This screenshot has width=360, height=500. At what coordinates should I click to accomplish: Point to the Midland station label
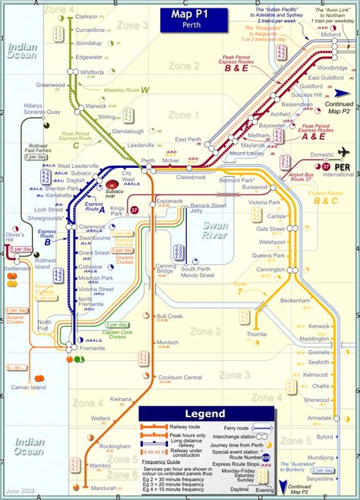coord(331,35)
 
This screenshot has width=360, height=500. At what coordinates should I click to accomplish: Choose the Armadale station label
coord(318,419)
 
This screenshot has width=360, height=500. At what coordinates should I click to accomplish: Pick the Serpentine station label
coord(321,479)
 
